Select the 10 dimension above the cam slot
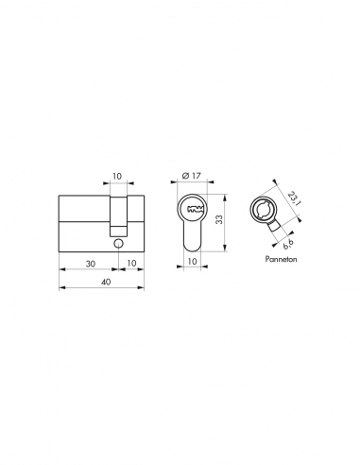point(117,176)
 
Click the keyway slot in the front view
point(196,210)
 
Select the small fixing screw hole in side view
point(117,243)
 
